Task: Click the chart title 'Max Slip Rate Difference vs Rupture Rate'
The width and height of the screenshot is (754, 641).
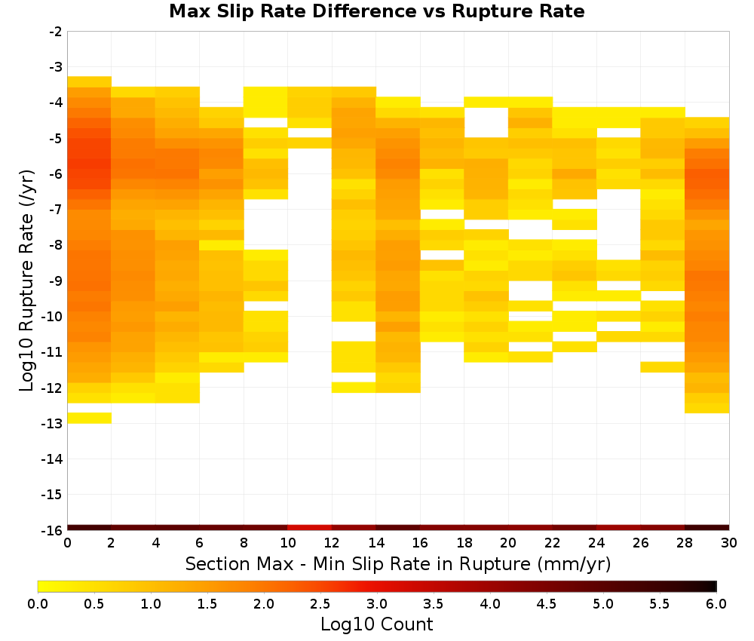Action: [x=376, y=11]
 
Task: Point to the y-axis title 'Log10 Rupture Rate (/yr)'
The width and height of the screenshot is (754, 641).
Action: [x=26, y=281]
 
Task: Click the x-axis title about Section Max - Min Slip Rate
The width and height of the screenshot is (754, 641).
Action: [x=397, y=563]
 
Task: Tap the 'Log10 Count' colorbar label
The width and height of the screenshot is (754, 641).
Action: [x=376, y=624]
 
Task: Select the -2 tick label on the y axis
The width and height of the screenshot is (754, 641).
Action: [x=56, y=32]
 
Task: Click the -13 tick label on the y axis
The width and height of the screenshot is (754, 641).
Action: [x=53, y=424]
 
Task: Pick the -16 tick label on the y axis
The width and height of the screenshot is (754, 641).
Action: [x=53, y=530]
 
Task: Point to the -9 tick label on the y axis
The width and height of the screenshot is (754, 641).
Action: [x=56, y=281]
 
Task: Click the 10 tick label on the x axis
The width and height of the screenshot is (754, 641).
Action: [x=288, y=543]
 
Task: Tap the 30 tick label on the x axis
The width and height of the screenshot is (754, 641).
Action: [x=729, y=543]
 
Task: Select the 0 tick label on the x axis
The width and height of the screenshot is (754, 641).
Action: [x=67, y=543]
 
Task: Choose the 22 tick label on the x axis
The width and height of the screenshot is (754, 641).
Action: [x=553, y=543]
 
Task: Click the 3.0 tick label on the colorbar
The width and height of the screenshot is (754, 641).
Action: [x=377, y=603]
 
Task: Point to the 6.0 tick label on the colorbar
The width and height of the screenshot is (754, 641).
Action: [x=716, y=603]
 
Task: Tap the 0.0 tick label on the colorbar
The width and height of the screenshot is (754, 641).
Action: [x=38, y=603]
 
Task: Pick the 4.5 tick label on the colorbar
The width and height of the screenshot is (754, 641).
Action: [x=547, y=603]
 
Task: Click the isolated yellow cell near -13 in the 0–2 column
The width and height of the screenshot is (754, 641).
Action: [x=90, y=418]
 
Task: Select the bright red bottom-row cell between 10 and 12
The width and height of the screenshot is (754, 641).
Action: [x=310, y=528]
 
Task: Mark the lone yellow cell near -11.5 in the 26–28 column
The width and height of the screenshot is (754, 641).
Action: [x=663, y=367]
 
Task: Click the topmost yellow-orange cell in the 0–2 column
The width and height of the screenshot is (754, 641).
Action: [x=90, y=81]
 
